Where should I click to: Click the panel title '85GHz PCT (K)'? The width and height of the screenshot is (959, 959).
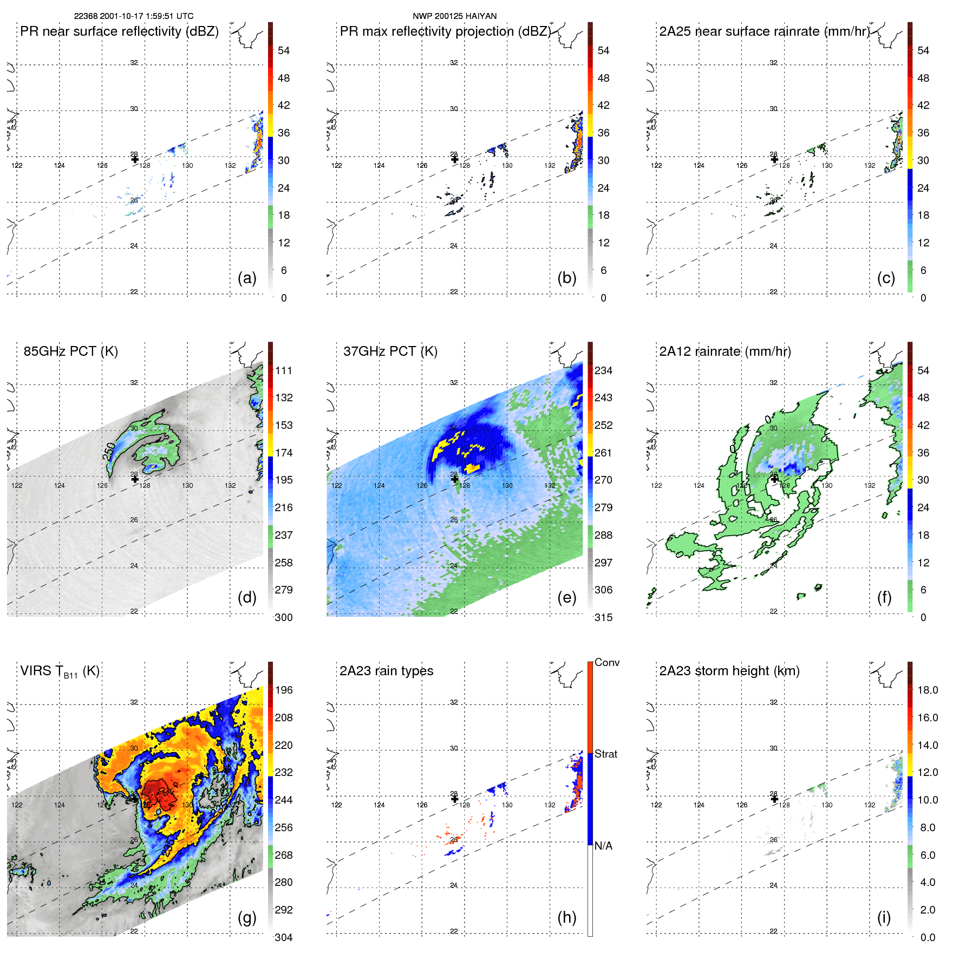pyautogui.click(x=70, y=351)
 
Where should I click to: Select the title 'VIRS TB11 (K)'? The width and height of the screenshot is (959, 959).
pyautogui.click(x=60, y=671)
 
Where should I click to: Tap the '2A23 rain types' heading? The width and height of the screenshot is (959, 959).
pyautogui.click(x=386, y=671)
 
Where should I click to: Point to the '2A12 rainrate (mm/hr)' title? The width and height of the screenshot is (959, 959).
pyautogui.click(x=725, y=351)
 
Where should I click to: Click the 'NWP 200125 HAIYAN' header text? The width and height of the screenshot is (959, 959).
pyautogui.click(x=454, y=16)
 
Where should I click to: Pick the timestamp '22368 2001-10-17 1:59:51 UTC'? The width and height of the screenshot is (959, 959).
pyautogui.click(x=134, y=16)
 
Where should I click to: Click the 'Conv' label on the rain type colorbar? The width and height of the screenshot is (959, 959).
pyautogui.click(x=606, y=662)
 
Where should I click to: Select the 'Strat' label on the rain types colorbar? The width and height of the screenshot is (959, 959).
pyautogui.click(x=605, y=754)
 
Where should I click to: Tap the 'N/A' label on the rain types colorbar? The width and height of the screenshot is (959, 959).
pyautogui.click(x=603, y=846)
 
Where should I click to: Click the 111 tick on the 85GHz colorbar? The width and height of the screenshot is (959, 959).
pyautogui.click(x=284, y=370)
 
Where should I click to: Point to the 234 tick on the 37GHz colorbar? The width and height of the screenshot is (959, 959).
pyautogui.click(x=603, y=370)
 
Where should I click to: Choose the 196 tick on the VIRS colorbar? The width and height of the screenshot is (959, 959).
pyautogui.click(x=284, y=690)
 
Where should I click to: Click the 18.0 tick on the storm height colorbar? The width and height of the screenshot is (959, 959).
pyautogui.click(x=927, y=690)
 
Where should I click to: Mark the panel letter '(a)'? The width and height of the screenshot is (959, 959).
pyautogui.click(x=247, y=278)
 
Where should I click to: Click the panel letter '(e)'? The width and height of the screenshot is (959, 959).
pyautogui.click(x=566, y=597)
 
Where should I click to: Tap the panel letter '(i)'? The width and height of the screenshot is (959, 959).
pyautogui.click(x=884, y=917)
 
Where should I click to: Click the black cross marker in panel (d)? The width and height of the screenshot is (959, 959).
pyautogui.click(x=135, y=479)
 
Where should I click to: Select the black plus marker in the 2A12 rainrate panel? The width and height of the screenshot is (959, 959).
pyautogui.click(x=774, y=479)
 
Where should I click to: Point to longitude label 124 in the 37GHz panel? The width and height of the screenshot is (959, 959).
pyautogui.click(x=379, y=485)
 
